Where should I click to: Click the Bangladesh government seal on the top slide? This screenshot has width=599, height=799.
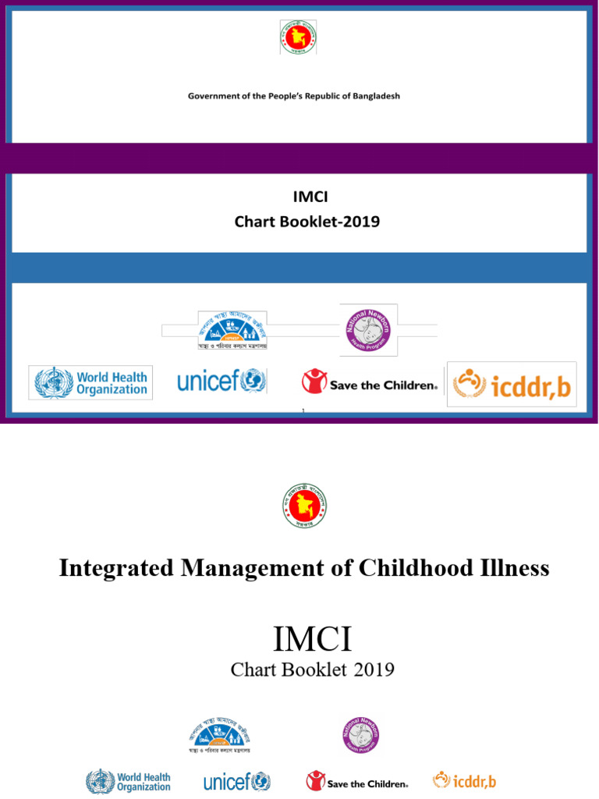click(x=299, y=37)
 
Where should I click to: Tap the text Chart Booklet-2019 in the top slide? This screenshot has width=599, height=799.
click(x=307, y=222)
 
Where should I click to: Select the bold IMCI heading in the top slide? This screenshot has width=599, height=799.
click(x=307, y=198)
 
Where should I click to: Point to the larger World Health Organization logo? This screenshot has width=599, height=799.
click(x=90, y=383)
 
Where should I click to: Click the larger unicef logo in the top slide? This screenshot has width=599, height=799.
click(x=222, y=382)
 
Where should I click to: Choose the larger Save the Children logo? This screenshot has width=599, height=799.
click(x=370, y=382)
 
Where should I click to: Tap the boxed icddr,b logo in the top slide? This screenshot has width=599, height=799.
click(x=512, y=384)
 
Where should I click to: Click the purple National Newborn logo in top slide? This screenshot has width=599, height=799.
click(x=368, y=328)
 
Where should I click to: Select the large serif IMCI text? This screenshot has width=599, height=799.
click(x=312, y=641)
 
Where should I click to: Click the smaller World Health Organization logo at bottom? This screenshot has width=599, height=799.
click(x=128, y=781)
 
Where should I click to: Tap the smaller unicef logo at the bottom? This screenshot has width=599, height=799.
click(x=236, y=781)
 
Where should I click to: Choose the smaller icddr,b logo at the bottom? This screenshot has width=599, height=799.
click(x=464, y=780)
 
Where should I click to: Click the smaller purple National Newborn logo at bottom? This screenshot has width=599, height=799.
click(x=360, y=736)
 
